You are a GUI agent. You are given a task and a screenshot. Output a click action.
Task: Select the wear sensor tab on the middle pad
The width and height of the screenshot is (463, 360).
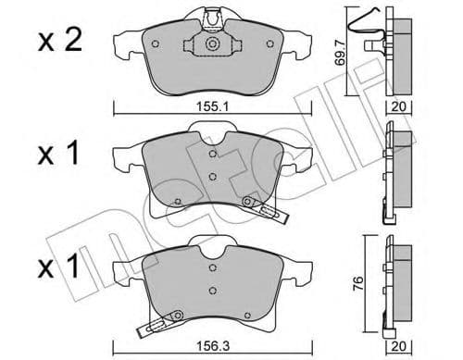(x=263, y=208)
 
